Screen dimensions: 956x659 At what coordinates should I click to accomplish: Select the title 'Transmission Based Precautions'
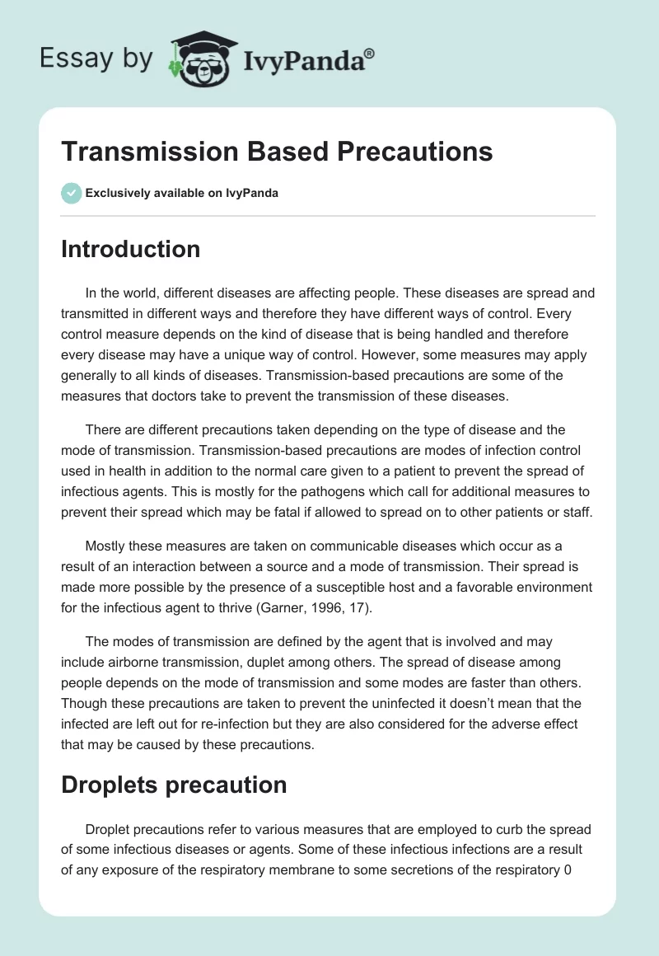click(277, 152)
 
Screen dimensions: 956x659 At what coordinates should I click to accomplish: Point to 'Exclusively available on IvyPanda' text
click(181, 193)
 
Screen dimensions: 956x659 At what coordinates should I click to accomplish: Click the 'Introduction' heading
click(130, 249)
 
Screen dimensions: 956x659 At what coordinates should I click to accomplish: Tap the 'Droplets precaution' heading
click(174, 785)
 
